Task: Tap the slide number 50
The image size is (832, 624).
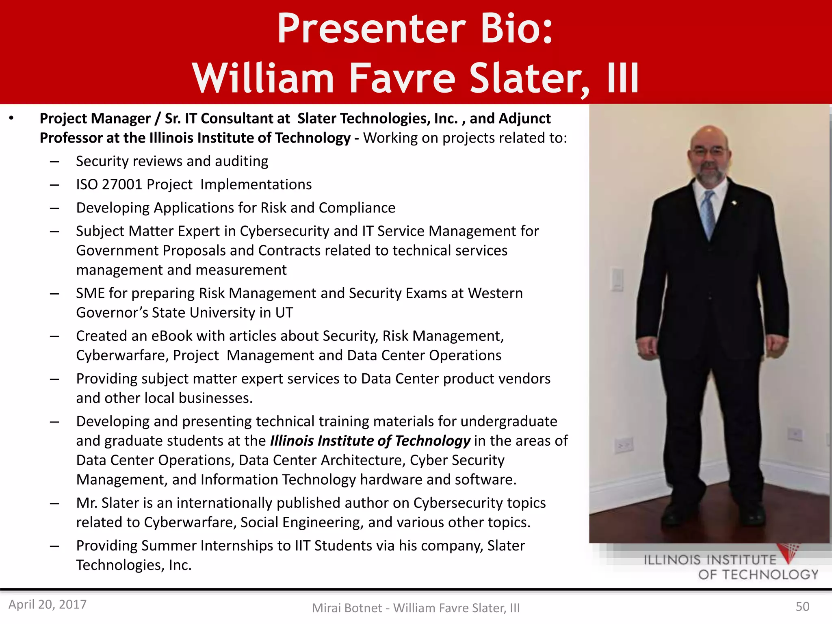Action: tap(802, 606)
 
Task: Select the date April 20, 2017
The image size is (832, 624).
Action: tap(48, 604)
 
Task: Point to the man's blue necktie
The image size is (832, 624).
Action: tap(708, 215)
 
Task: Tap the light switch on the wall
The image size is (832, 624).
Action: tap(617, 279)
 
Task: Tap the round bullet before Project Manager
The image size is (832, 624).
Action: tap(11, 118)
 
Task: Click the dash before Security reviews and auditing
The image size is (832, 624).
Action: tap(54, 162)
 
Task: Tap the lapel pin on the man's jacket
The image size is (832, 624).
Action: tap(734, 202)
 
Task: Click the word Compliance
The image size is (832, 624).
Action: tap(357, 208)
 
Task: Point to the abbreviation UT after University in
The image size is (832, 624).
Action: tap(284, 312)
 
